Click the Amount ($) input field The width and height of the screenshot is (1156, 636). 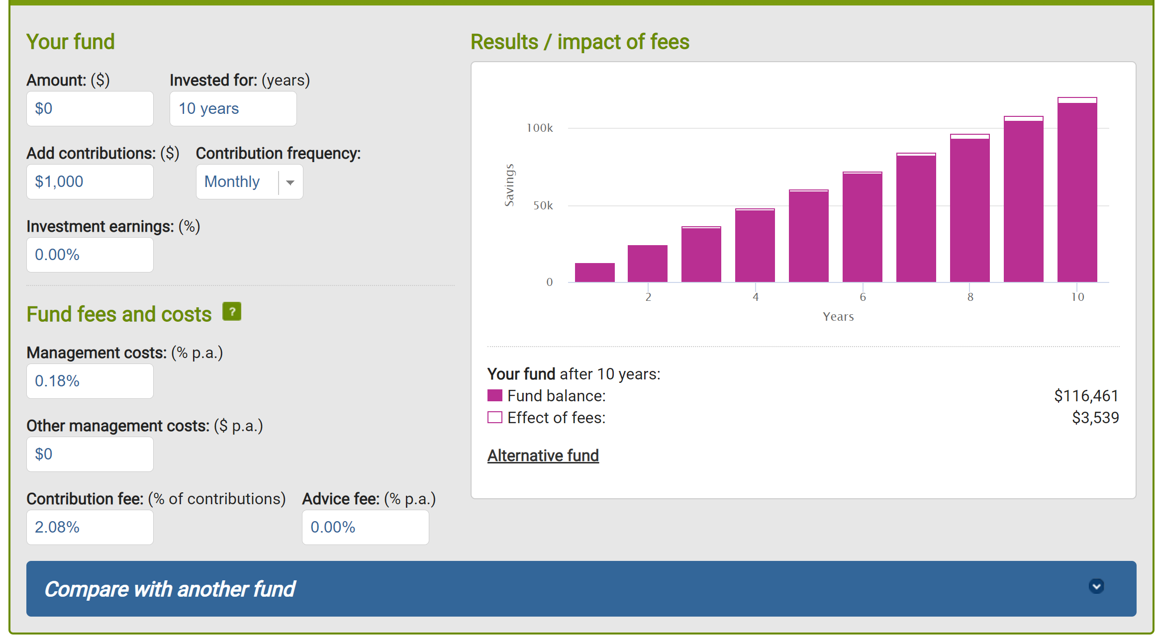coord(90,108)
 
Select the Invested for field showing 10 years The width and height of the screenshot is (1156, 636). coord(233,108)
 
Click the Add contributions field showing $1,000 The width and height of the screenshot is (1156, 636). coord(90,182)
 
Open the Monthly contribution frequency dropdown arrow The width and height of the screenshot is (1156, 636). coord(290,182)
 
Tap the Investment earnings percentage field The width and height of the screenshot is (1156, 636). coord(90,255)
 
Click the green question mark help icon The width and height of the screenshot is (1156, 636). coord(232,312)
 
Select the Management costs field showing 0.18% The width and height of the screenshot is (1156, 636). coord(90,381)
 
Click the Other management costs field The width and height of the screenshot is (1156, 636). coord(90,454)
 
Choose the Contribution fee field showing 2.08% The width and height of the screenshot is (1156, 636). coord(90,527)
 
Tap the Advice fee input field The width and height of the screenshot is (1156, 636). coord(365,527)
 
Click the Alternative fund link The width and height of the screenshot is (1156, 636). coord(543,455)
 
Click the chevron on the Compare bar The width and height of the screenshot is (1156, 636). coord(1096,586)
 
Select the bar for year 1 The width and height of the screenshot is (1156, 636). coord(594,273)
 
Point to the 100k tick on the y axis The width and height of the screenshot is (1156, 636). coord(540,128)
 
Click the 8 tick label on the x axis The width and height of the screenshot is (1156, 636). coord(970,297)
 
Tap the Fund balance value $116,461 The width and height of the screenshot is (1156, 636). coord(1086,396)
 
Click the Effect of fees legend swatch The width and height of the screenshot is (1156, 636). coord(495,417)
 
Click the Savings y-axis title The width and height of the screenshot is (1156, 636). coord(509,185)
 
